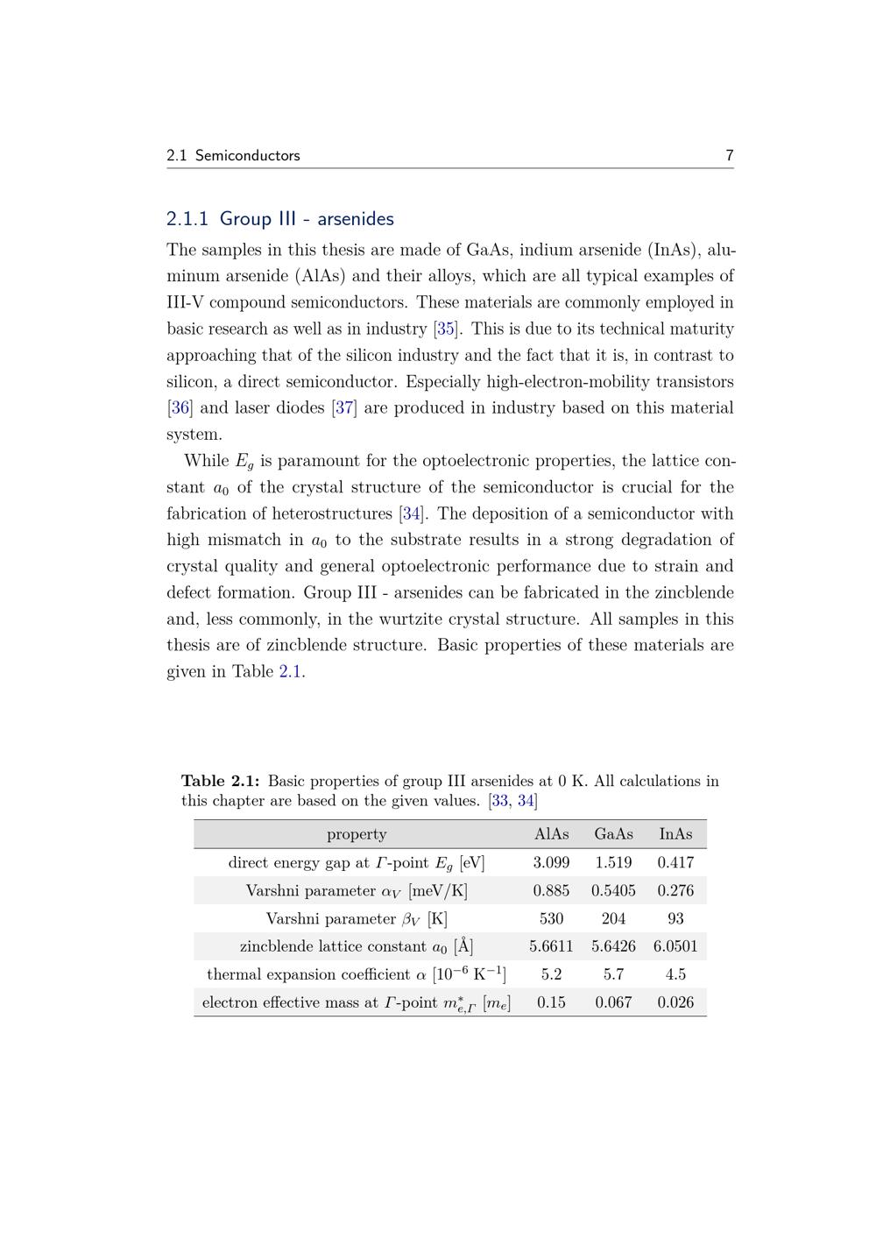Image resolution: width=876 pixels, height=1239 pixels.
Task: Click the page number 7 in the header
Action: pyautogui.click(x=729, y=155)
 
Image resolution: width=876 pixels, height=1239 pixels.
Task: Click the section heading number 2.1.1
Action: pyautogui.click(x=187, y=218)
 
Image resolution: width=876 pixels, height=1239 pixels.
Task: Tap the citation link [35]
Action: pyautogui.click(x=446, y=329)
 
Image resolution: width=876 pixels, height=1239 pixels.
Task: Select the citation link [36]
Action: pyautogui.click(x=180, y=407)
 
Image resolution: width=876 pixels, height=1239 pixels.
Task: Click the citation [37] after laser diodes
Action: pyautogui.click(x=344, y=407)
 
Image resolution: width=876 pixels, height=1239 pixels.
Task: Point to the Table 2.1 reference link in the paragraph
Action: pyautogui.click(x=291, y=671)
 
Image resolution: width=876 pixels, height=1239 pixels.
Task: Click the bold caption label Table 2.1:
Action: pyautogui.click(x=221, y=781)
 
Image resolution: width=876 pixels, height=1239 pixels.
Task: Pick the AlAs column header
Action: pyautogui.click(x=551, y=834)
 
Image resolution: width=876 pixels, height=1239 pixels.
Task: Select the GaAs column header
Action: pyautogui.click(x=613, y=834)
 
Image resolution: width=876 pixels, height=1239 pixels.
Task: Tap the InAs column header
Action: pyautogui.click(x=675, y=834)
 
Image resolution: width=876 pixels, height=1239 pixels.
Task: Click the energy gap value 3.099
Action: pyautogui.click(x=551, y=862)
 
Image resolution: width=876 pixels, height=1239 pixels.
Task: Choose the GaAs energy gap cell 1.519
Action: pyautogui.click(x=613, y=862)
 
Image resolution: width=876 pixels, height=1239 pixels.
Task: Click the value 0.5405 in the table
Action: pyautogui.click(x=613, y=890)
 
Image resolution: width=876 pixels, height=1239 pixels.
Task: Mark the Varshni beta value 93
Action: pyautogui.click(x=675, y=918)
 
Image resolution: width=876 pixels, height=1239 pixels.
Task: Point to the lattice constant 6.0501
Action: pyautogui.click(x=675, y=946)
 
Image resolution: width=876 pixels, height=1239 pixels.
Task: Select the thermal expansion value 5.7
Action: pyautogui.click(x=613, y=974)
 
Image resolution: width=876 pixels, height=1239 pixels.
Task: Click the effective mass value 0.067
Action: pyautogui.click(x=613, y=1002)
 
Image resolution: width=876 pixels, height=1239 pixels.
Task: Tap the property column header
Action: pyautogui.click(x=357, y=834)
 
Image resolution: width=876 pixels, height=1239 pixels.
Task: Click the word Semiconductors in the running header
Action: pyautogui.click(x=247, y=155)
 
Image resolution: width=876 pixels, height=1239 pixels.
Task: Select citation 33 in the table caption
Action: pyautogui.click(x=499, y=800)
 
